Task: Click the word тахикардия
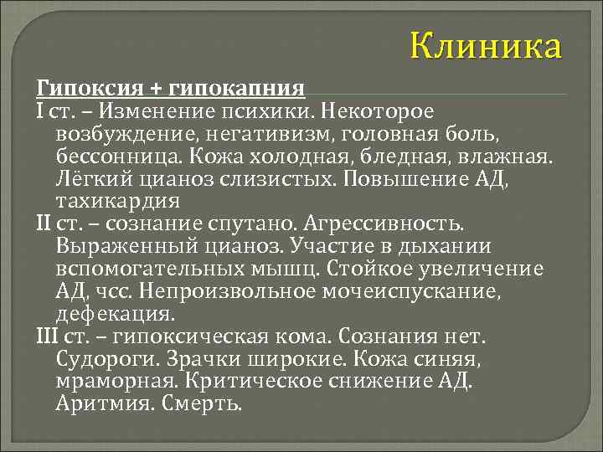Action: pyautogui.click(x=106, y=201)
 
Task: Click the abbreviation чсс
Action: pyautogui.click(x=111, y=292)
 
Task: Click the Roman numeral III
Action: pyautogui.click(x=47, y=337)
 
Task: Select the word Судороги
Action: pyautogui.click(x=99, y=360)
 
